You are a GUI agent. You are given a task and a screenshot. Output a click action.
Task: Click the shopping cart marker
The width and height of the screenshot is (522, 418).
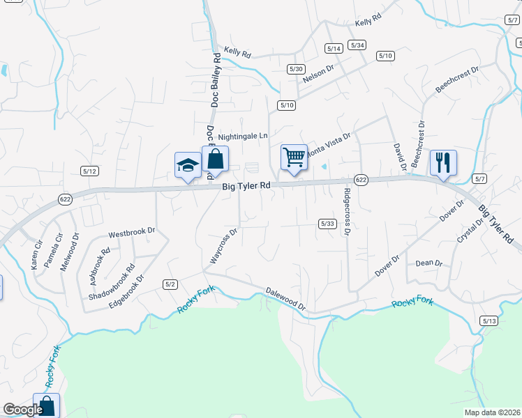tap(294, 157)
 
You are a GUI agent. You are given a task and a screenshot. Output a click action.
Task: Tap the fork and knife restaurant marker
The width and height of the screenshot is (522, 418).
tap(443, 162)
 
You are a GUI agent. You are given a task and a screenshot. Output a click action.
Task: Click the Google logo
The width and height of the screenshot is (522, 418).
tap(22, 410)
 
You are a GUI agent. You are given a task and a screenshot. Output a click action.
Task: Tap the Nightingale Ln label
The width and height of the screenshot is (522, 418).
tap(243, 137)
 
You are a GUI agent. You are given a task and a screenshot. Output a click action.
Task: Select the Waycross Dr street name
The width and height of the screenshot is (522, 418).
tap(225, 245)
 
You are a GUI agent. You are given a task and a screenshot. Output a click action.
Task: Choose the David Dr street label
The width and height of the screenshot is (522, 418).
tap(399, 157)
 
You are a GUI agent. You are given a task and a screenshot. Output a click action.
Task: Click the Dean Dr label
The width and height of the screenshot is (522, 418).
tap(429, 263)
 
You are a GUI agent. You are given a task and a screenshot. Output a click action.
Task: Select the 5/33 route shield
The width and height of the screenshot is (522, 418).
tap(328, 224)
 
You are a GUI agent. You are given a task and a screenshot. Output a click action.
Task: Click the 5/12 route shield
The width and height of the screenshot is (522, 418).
tap(89, 171)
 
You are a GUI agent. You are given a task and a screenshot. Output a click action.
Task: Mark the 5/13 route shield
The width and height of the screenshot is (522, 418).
tap(489, 320)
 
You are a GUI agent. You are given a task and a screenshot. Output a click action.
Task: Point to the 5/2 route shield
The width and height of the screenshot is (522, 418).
tap(170, 284)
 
